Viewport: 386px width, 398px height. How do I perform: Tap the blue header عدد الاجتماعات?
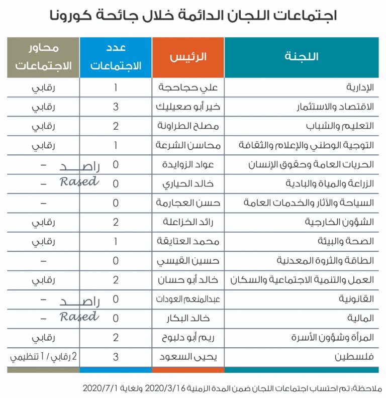pyautogui.click(x=116, y=57)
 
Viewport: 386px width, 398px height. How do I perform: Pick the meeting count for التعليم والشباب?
pyautogui.click(x=116, y=126)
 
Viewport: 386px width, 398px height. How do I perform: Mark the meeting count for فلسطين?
pyautogui.click(x=116, y=357)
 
